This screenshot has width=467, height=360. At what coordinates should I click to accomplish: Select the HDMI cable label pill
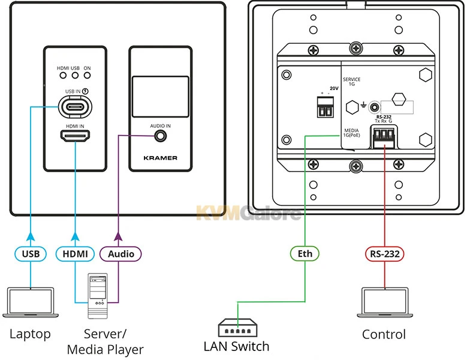[x=75, y=254]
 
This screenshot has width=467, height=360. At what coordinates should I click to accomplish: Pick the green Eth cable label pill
[x=305, y=254]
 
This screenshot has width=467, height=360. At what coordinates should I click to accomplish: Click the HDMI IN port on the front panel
[x=75, y=137]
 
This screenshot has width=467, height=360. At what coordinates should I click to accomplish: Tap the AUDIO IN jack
[x=161, y=136]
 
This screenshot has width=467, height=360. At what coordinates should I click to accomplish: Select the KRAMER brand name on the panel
[x=161, y=158]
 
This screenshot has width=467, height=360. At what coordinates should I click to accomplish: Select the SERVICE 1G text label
[x=351, y=82]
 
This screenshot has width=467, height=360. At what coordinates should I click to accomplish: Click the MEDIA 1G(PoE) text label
[x=351, y=133]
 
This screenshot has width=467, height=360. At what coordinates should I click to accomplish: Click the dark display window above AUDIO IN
[x=161, y=97]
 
